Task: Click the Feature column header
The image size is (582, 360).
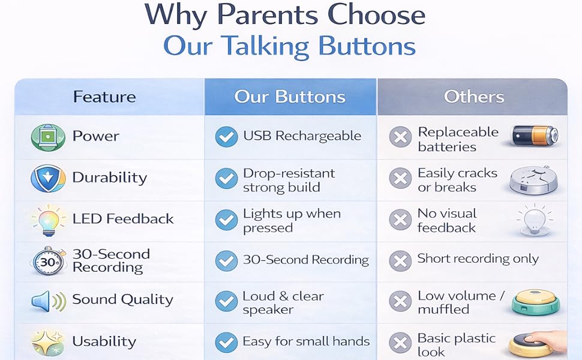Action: click(104, 97)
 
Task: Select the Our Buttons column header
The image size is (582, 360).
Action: click(290, 97)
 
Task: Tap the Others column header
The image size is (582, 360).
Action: click(474, 97)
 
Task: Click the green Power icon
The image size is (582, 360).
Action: click(48, 137)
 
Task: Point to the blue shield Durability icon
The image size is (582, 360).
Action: click(48, 178)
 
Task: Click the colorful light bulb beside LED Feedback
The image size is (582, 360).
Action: click(49, 220)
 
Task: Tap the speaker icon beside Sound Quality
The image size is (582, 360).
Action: click(49, 301)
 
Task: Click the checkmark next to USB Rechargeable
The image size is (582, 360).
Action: click(226, 137)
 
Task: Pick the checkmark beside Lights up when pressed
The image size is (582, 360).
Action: click(226, 220)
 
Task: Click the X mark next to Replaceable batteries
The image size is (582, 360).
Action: click(400, 137)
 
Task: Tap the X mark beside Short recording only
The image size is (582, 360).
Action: click(400, 260)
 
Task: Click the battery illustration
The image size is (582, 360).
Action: click(535, 136)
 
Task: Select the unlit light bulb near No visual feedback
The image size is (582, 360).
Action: click(534, 220)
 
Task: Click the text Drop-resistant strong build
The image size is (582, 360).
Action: click(289, 181)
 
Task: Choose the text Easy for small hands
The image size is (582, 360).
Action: click(306, 341)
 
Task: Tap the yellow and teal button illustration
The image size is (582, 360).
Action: click(536, 301)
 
